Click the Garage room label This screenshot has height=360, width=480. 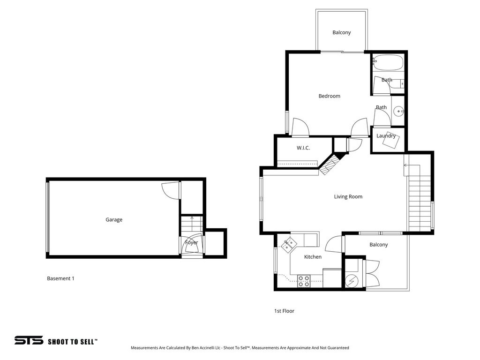114,219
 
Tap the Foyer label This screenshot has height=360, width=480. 191,242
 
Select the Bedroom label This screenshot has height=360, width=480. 329,96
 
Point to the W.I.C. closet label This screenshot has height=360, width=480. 303,148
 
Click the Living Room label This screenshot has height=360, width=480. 348,197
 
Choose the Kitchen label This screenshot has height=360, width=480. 313,257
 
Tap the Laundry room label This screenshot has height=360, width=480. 386,136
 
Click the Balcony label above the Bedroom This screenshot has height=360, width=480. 341,33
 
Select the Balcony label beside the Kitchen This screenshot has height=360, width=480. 378,245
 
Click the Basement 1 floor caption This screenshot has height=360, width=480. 60,278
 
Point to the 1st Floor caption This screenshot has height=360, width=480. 284,311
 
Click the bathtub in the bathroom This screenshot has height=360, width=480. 388,62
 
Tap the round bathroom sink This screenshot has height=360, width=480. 398,111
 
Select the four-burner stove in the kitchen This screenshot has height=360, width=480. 303,281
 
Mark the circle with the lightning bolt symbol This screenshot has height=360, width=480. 352,281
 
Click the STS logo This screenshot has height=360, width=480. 29,340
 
